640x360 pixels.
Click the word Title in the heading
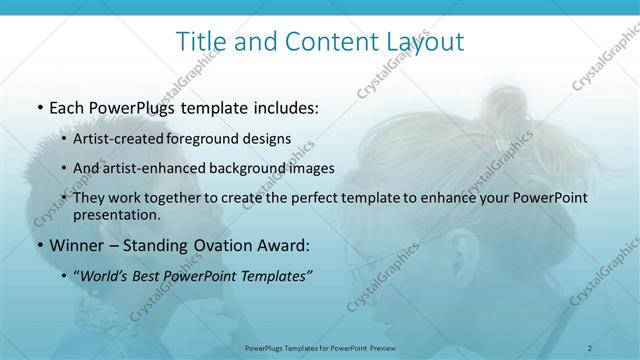198,42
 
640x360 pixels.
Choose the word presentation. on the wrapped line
117,215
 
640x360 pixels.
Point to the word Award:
284,245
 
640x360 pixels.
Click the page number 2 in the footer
590,347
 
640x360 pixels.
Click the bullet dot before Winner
39,246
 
